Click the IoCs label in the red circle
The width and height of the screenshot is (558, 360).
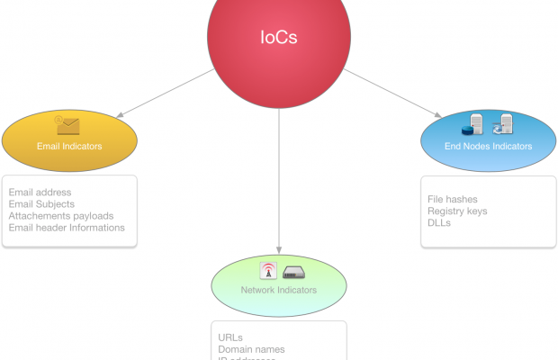278,38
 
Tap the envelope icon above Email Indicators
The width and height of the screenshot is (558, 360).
67,125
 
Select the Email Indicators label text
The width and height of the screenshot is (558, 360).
69,146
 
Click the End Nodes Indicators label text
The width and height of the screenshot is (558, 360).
488,146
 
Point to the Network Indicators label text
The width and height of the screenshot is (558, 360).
278,290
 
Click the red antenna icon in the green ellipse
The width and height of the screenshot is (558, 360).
267,271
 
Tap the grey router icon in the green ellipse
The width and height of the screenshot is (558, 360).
294,272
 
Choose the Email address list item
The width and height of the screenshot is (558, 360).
40,193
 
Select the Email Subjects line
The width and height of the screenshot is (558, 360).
41,204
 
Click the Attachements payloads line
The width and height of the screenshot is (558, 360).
61,216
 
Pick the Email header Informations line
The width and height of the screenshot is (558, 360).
67,228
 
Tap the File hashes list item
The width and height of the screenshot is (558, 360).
453,199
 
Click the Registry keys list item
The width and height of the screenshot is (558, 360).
457,211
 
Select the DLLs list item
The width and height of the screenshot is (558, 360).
439,222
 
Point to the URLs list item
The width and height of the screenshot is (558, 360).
230,337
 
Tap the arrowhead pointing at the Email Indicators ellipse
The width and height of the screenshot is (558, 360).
120,114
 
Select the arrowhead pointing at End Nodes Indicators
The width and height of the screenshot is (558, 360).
436,114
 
